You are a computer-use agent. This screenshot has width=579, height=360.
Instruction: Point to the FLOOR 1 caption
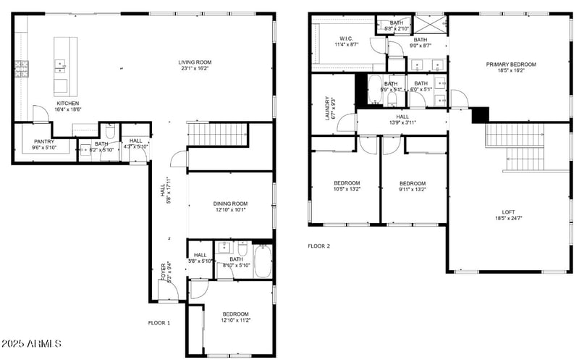[x=159, y=322]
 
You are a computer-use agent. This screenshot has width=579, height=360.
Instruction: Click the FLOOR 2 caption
[x=318, y=246]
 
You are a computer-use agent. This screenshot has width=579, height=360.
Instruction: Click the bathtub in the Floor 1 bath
[x=262, y=261]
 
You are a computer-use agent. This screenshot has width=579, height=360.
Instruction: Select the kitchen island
[x=61, y=67]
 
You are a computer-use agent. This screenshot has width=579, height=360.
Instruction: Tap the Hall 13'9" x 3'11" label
[x=402, y=120]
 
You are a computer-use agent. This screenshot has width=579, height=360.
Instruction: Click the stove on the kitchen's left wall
[x=21, y=69]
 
